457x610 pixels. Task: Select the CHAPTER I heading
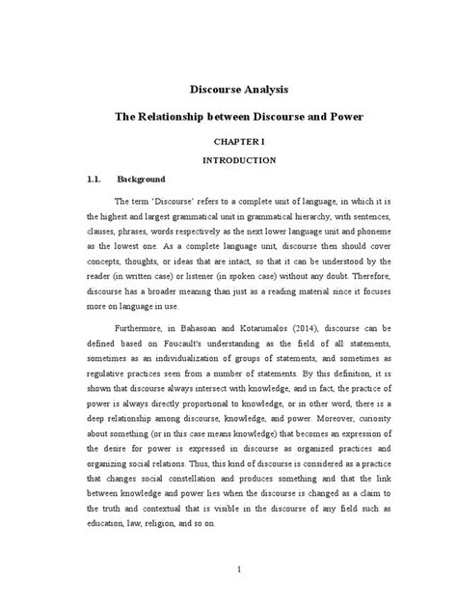(228, 139)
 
